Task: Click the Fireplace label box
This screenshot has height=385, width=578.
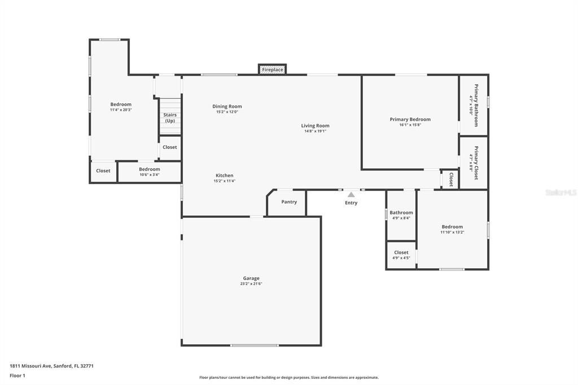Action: (273, 69)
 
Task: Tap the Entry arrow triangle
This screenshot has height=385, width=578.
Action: (351, 195)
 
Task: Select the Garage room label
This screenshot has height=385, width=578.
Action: (251, 278)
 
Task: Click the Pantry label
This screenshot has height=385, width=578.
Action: (289, 202)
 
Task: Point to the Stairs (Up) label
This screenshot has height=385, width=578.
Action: (170, 117)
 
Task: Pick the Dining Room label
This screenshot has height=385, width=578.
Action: (227, 106)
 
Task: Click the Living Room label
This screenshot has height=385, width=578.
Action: (315, 125)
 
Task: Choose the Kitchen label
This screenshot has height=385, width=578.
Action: (224, 175)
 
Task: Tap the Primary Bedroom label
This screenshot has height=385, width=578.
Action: (410, 119)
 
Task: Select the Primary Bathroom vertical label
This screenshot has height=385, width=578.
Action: (475, 105)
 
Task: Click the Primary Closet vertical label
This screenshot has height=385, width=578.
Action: (475, 163)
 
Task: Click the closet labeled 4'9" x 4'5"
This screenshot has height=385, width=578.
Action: (401, 255)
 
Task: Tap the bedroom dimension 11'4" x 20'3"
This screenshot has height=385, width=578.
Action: (121, 110)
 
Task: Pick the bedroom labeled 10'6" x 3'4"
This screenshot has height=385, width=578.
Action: (150, 172)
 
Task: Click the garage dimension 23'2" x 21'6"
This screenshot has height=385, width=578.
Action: (251, 284)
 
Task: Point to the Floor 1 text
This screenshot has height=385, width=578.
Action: (17, 375)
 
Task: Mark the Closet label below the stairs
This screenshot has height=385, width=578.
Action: (170, 147)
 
